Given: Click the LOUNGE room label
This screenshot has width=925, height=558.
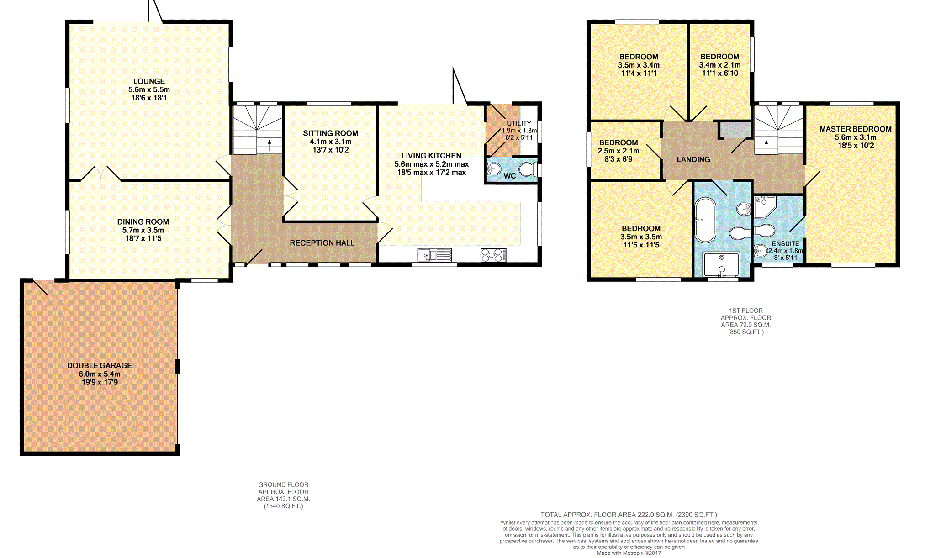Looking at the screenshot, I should point(149,81).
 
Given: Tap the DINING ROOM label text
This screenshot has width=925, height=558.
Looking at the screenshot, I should point(143,222).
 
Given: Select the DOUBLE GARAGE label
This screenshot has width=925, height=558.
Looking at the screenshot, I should point(99,366).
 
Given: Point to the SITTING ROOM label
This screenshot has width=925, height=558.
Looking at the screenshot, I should point(330,133).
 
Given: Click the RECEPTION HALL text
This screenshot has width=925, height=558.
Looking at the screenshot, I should point(322,243).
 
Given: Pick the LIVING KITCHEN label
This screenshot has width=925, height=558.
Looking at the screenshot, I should point(431,156).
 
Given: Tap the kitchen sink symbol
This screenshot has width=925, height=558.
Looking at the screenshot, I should point(434,255).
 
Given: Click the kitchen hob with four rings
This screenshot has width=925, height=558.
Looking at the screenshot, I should point(493,255).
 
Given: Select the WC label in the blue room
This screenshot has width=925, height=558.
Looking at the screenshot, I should point(509,176).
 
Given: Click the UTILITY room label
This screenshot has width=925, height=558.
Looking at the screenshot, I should point(519,123).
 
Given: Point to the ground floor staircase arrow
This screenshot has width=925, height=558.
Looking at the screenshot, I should point(269,145).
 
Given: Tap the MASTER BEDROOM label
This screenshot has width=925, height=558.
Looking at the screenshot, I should point(855,129).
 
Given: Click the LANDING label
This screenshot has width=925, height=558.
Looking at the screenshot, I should point(693,159).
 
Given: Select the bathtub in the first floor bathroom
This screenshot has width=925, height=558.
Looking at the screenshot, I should point(705,220).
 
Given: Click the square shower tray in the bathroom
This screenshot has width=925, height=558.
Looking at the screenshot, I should point(721,264).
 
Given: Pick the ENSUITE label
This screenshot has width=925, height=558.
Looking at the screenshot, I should point(785,244).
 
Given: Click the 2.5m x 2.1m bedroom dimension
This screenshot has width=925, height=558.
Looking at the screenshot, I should point(618,151).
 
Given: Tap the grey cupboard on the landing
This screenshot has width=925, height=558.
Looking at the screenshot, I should point(735,130).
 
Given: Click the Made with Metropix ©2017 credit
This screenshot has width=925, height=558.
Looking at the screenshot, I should point(629,553).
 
